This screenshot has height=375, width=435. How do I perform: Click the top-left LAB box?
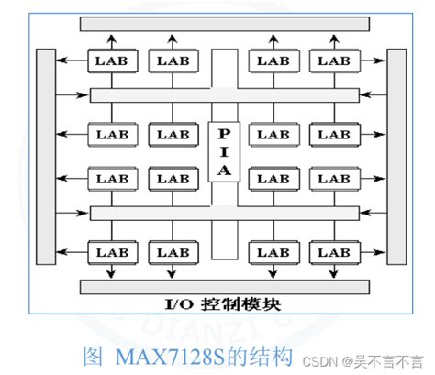pyautogui.click(x=112, y=61)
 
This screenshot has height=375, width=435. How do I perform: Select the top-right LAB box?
pyautogui.click(x=333, y=61)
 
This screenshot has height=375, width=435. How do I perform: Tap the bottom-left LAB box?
pyautogui.click(x=112, y=249)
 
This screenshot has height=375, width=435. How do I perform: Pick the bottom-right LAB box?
pyautogui.click(x=333, y=249)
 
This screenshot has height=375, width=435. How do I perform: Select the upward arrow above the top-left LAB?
pyautogui.click(x=112, y=39)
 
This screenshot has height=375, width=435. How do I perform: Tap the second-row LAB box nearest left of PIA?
pyautogui.click(x=171, y=134)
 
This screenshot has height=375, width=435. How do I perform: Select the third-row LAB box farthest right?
pyautogui.click(x=333, y=178)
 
